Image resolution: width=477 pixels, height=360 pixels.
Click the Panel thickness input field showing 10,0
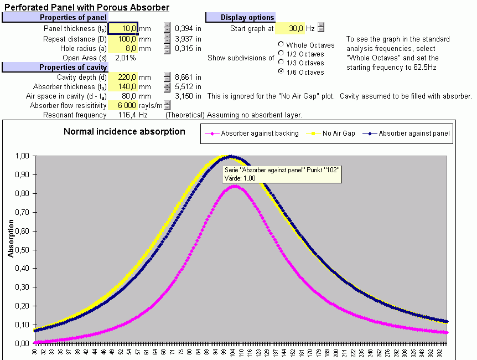click(x=123, y=28)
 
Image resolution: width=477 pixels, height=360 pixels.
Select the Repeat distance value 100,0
click(x=123, y=39)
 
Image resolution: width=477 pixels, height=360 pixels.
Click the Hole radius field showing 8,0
click(x=123, y=49)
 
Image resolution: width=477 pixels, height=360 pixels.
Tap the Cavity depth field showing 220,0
click(x=123, y=78)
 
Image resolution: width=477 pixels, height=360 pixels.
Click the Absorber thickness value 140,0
click(x=123, y=87)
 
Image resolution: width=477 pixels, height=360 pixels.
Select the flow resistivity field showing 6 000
click(x=123, y=105)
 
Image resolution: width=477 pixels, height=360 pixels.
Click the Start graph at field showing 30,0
click(x=289, y=28)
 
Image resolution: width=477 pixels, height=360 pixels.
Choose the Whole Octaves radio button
click(x=282, y=45)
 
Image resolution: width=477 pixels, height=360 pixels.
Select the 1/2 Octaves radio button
click(x=282, y=54)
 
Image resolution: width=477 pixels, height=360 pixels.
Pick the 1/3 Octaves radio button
click(x=282, y=63)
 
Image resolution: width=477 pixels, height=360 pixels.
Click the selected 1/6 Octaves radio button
click(x=282, y=72)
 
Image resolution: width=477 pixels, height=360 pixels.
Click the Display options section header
click(x=247, y=18)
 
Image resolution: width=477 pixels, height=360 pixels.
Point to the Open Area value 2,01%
click(x=126, y=58)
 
